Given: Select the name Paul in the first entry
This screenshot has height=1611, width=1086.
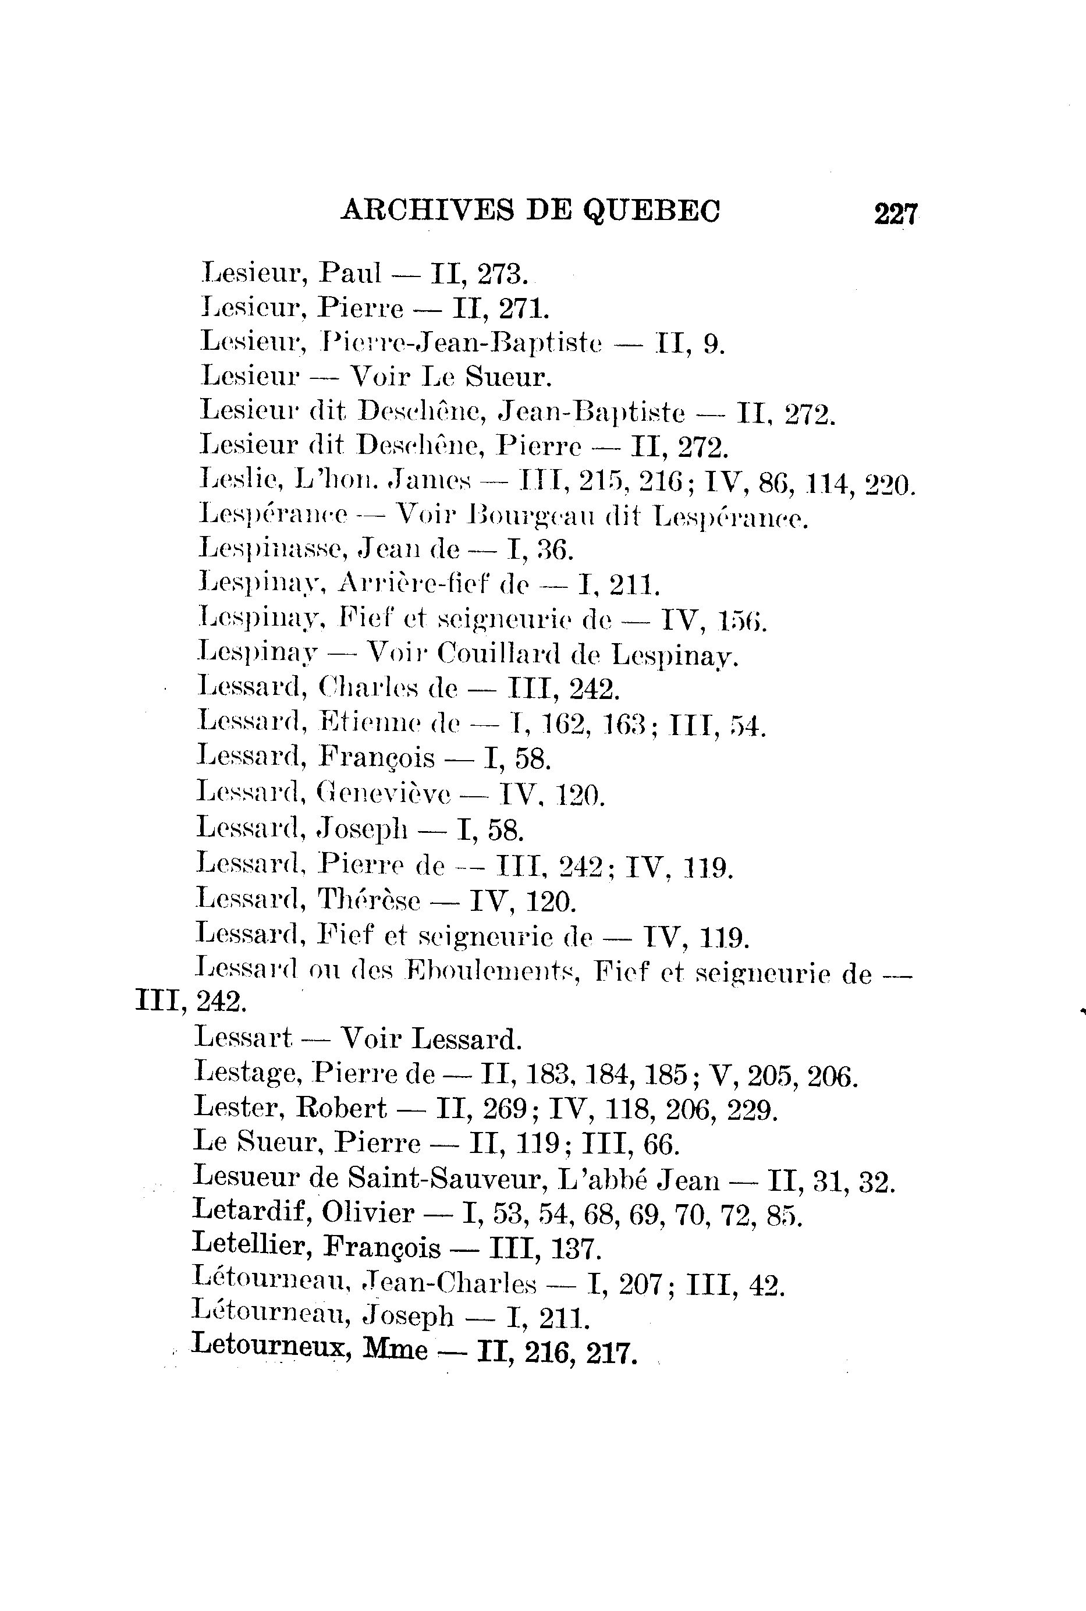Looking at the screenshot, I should (350, 273).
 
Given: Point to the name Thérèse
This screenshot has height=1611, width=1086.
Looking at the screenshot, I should (368, 900).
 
